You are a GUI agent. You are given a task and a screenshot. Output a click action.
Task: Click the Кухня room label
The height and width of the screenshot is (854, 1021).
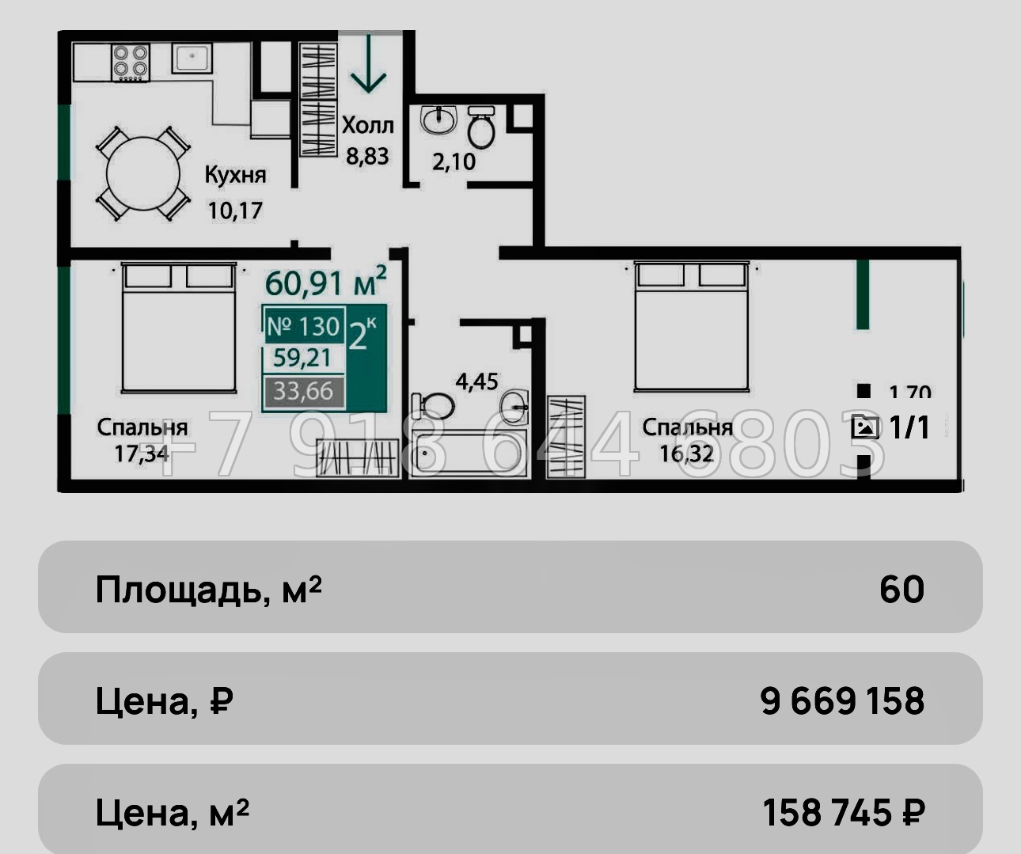(235, 175)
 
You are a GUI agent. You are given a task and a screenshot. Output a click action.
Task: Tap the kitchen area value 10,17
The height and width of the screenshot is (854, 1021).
(235, 211)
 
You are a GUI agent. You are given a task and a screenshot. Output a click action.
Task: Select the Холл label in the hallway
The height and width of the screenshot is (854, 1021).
(367, 125)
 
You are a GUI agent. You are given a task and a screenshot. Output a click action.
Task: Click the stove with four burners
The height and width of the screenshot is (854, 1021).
(131, 62)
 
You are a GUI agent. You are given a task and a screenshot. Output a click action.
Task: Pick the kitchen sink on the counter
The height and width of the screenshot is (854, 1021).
(192, 58)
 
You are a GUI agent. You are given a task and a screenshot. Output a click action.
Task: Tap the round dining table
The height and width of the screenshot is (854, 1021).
(143, 173)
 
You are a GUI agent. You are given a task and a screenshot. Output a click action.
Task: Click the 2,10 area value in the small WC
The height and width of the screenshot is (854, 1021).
(454, 161)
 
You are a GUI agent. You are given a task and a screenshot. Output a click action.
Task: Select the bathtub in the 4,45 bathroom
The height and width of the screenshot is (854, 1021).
(469, 454)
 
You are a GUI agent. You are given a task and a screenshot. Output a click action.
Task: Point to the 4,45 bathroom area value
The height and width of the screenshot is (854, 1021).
(476, 381)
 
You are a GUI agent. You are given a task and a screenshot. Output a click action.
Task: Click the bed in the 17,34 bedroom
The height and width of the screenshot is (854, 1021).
(178, 328)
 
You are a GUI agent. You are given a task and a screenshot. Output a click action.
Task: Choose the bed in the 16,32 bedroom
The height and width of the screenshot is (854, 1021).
(691, 326)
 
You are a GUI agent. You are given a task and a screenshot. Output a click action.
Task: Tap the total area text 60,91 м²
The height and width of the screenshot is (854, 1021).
(325, 283)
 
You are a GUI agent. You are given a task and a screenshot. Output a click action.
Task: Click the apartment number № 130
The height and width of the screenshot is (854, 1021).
(303, 326)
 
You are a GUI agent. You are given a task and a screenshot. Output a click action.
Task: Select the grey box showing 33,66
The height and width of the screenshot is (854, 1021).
(303, 391)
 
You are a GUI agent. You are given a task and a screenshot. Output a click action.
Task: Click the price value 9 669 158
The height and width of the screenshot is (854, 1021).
(841, 701)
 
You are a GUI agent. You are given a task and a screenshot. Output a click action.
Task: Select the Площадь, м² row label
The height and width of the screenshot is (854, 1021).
(208, 590)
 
